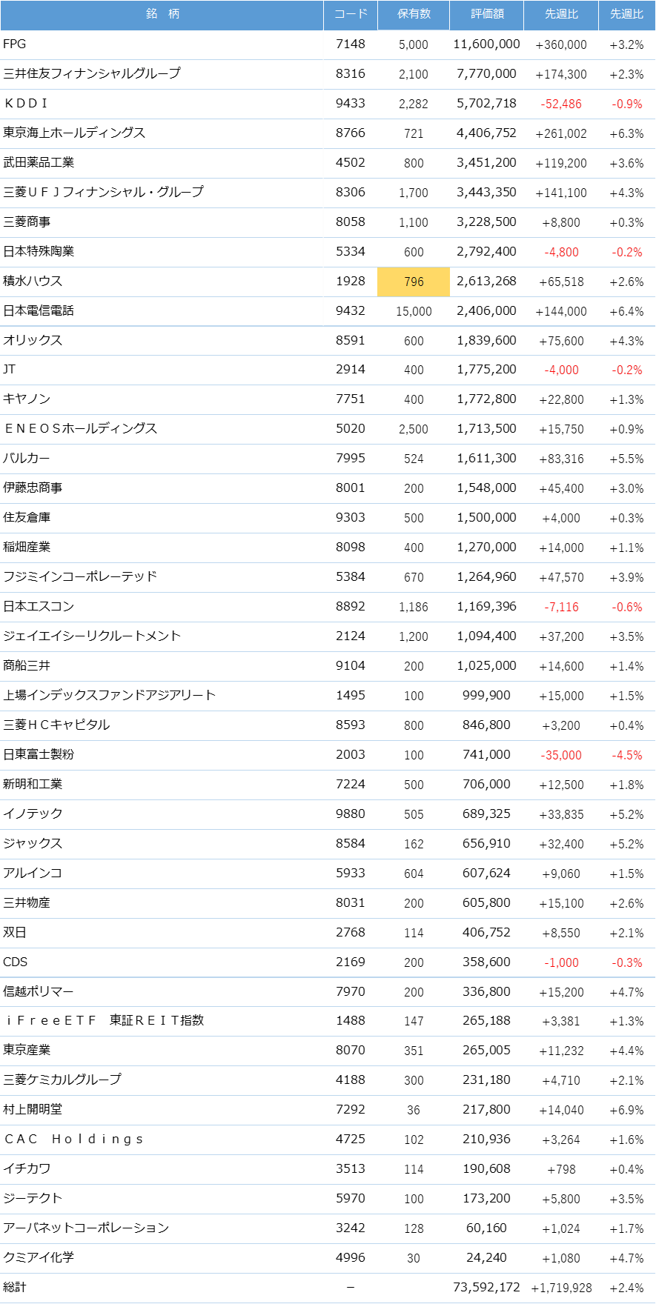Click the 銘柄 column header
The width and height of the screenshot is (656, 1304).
click(x=162, y=14)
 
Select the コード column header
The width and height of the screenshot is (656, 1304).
click(x=351, y=14)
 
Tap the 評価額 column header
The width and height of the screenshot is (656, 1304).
click(x=487, y=14)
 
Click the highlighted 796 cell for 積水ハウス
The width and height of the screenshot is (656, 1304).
click(x=414, y=282)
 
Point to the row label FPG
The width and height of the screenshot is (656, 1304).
click(x=15, y=44)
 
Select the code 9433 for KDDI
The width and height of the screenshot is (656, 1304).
click(x=351, y=103)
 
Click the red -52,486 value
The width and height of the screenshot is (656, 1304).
click(x=561, y=104)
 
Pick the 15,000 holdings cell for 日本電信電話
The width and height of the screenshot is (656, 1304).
click(x=414, y=311)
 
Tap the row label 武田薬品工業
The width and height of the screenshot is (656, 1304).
click(x=39, y=162)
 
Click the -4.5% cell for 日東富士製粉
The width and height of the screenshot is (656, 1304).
click(x=627, y=755)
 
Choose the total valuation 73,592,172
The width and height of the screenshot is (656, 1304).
click(x=486, y=1288)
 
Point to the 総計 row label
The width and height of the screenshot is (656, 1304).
click(x=15, y=1288)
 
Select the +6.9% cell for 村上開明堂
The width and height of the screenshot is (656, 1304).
click(x=627, y=1110)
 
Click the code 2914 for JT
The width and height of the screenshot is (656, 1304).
click(x=351, y=370)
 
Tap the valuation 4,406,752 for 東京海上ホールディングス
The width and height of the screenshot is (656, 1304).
click(x=486, y=133)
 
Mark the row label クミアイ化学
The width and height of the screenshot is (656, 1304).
click(x=39, y=1257)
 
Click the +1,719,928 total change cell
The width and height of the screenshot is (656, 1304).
click(x=561, y=1288)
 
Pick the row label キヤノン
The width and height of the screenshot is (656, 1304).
click(x=27, y=399)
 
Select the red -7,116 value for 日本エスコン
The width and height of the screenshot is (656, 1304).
click(x=561, y=607)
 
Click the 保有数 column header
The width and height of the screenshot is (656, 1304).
click(x=414, y=14)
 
